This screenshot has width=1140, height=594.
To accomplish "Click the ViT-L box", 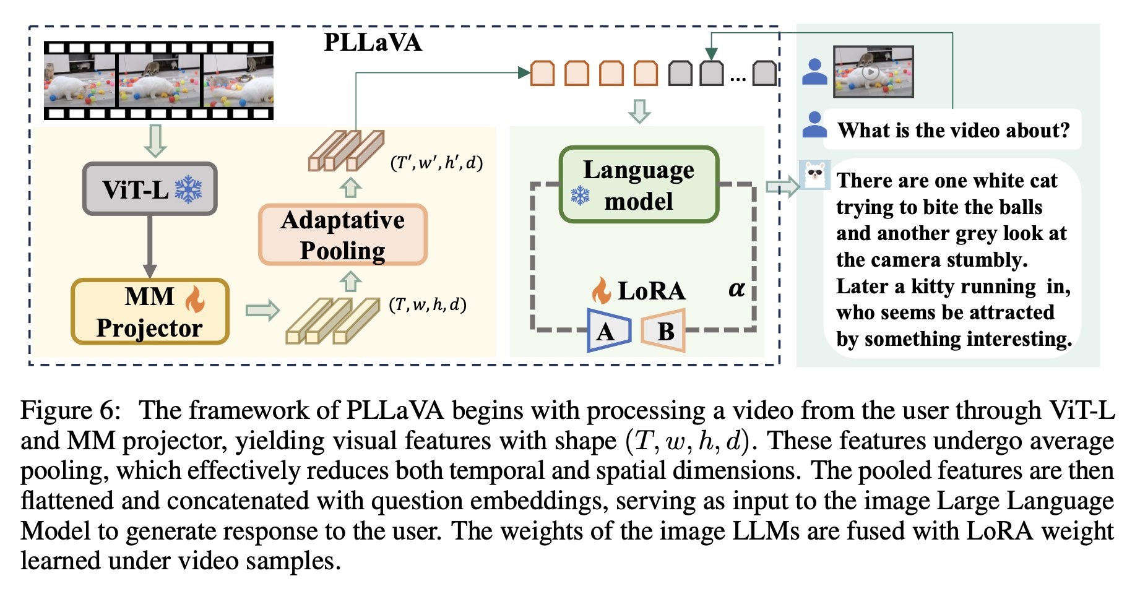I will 150,189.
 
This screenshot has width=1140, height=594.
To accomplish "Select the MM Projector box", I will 150,312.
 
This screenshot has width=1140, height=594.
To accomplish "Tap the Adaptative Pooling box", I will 343,235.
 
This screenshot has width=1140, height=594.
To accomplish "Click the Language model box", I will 639,184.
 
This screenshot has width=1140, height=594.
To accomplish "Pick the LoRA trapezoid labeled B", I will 663,331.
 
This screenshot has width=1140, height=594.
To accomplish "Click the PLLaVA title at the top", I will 373,43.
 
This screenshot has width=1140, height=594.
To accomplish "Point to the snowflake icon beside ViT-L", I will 188,189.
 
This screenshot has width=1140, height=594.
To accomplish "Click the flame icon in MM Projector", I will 195,299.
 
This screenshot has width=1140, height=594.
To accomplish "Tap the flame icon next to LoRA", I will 601,290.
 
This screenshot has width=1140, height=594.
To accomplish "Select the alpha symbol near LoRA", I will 736,289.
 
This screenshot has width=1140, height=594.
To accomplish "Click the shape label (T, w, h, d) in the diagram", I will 428,304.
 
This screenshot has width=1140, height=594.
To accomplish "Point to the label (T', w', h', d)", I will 436,163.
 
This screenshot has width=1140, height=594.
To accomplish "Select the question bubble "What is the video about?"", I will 953,130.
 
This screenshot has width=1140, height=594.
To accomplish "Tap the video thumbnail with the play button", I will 873,72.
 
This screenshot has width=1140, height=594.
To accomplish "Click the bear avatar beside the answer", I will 814,175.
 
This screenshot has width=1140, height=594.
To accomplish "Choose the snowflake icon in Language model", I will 580,196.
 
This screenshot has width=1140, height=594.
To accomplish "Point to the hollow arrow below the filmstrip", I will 155,140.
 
